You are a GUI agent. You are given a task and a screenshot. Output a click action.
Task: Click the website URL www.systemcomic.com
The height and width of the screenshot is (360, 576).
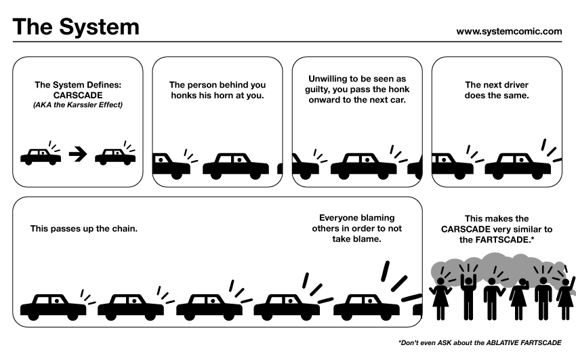509,31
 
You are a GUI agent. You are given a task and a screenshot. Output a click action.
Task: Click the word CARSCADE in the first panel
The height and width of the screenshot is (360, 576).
77,96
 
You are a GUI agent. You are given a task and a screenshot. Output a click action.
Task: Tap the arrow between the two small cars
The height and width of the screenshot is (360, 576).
78,155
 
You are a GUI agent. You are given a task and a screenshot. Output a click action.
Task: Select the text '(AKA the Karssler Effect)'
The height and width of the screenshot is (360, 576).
77,105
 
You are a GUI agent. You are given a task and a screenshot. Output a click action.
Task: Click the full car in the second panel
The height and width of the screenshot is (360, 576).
235,166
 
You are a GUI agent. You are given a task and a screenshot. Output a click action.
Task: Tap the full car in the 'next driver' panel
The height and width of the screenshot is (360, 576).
517,166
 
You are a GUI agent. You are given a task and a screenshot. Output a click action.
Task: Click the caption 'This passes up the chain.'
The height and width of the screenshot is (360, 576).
84,228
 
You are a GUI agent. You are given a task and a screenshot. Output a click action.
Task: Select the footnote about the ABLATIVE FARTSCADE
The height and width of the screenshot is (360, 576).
480,342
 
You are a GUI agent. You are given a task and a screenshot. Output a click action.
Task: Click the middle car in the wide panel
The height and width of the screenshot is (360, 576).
209,307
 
